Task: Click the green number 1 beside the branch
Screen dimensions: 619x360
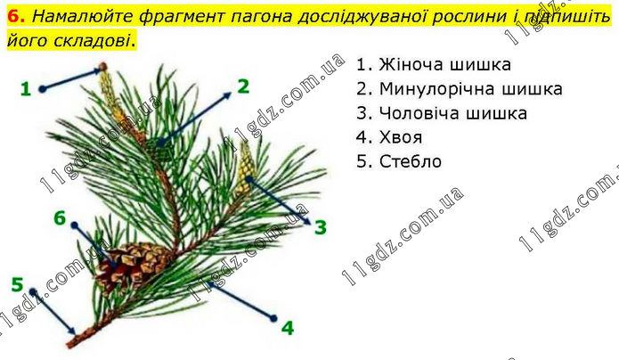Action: tap(26, 89)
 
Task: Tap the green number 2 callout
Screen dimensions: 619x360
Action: tap(243, 86)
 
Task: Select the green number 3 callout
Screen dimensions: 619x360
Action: tap(321, 227)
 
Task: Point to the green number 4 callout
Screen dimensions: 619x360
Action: tap(288, 328)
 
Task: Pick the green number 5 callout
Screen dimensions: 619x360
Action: tap(18, 284)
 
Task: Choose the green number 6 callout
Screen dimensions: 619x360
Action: tap(60, 217)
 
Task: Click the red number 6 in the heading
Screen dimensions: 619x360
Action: tap(16, 16)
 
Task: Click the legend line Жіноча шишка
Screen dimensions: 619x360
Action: tap(434, 64)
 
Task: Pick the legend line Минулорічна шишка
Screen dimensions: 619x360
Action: tap(459, 89)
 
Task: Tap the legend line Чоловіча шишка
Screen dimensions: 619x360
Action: tap(442, 113)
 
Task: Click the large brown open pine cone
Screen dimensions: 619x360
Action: tap(132, 264)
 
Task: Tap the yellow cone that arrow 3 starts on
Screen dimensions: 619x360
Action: tap(246, 170)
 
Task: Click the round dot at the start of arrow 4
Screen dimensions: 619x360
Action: tap(273, 318)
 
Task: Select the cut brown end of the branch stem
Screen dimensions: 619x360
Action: tap(71, 342)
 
